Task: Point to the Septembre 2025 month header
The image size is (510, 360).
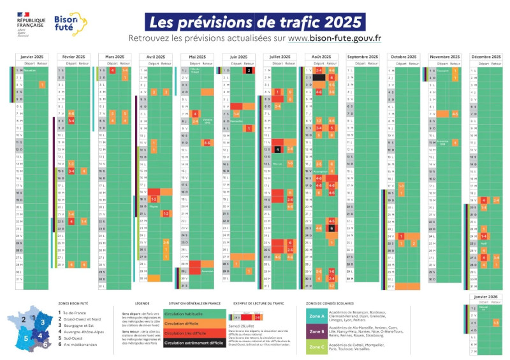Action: click(361, 57)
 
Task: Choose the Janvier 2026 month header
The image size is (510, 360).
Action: click(485, 296)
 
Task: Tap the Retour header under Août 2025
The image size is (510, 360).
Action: click(331, 64)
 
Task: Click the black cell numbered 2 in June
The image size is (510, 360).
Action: click(249, 70)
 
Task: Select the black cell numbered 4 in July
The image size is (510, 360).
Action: click(278, 149)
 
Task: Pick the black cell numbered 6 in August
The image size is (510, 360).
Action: click(331, 228)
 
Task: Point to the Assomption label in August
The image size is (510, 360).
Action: click(320, 171)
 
